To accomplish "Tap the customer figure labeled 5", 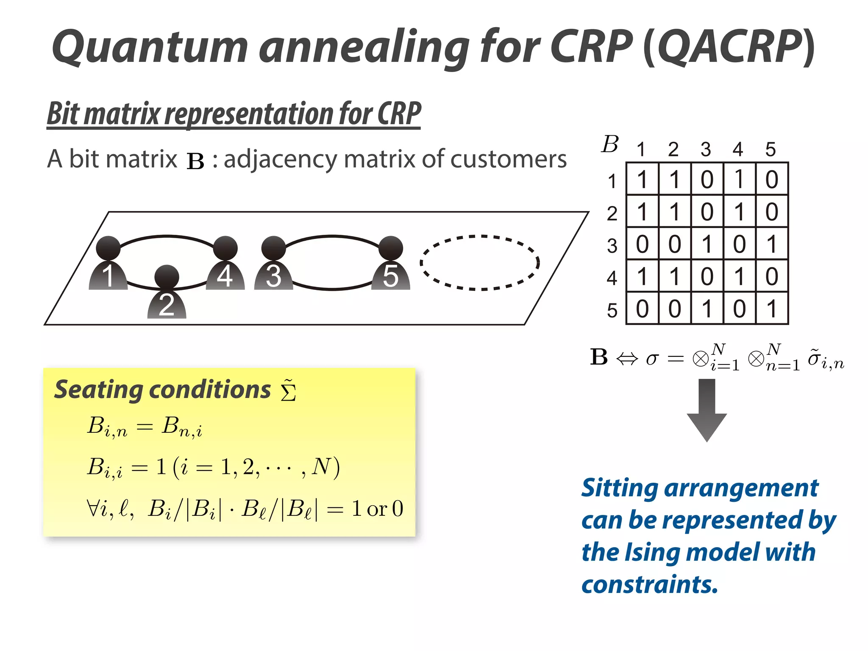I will point(391,265).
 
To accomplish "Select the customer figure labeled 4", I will point(225,265).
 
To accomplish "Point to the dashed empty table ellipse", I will point(480,263).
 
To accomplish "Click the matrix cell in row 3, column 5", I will point(772,244).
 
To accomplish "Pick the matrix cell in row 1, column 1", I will point(642,179).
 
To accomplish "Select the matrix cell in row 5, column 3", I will point(707,308).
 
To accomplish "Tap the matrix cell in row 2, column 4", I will point(739,211).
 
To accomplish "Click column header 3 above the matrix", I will point(706,150).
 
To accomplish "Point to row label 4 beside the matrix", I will point(612,278).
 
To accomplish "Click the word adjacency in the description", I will point(279,160).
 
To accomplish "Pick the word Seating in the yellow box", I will point(97,390).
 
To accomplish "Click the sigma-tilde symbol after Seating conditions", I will point(288,391).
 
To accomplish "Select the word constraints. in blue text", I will point(650,584).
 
